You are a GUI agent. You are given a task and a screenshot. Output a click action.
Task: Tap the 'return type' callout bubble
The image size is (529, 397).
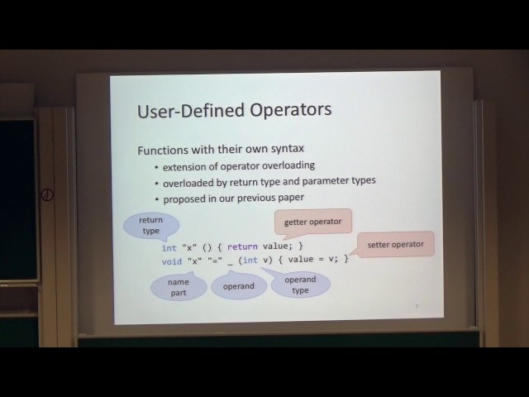(x=150, y=226)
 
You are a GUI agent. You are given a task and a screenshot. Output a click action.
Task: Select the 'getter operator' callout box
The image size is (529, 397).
(x=312, y=222)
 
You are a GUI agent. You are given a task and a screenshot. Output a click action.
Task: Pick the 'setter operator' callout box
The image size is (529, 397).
(x=395, y=244)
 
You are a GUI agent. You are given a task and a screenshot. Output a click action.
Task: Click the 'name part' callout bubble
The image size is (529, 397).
(x=178, y=287)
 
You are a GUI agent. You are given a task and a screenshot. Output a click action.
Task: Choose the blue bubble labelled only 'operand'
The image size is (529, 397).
(x=239, y=286)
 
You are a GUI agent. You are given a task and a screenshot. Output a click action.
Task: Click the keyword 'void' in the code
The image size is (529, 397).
(x=171, y=261)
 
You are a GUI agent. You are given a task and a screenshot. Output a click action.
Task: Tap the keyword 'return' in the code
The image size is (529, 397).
(x=243, y=246)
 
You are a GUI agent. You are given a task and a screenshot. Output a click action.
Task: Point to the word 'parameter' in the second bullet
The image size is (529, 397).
(x=325, y=182)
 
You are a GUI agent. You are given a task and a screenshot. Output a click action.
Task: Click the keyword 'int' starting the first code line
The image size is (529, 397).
(x=169, y=247)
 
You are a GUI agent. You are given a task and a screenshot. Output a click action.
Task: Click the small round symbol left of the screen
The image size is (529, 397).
(x=48, y=196)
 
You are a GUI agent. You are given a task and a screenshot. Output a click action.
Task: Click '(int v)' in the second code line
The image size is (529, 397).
(x=260, y=261)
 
